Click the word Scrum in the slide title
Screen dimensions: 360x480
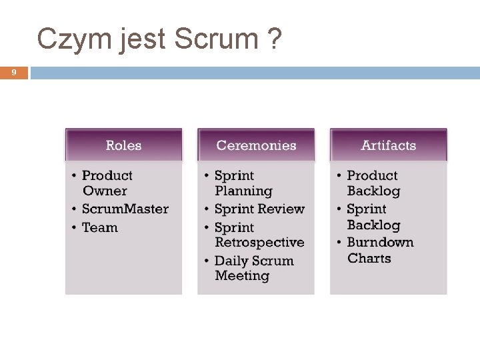[215, 39]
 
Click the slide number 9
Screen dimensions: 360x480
[14, 73]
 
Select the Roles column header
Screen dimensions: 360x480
[123, 145]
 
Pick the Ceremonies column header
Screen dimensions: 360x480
[256, 145]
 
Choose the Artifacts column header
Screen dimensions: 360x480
[388, 145]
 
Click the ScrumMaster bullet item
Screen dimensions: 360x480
[125, 209]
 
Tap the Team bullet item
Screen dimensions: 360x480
[99, 227]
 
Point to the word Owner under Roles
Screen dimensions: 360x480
[104, 191]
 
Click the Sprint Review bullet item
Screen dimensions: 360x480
[259, 209]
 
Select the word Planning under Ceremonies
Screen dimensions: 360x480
[243, 191]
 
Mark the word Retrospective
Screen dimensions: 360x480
[259, 243]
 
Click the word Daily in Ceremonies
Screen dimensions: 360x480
[233, 261]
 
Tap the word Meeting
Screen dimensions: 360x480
[242, 276]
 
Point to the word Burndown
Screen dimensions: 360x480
[380, 242]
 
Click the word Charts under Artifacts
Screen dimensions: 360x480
[369, 259]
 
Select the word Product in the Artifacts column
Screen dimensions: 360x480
[372, 175]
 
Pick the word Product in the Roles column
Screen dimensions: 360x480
[107, 175]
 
